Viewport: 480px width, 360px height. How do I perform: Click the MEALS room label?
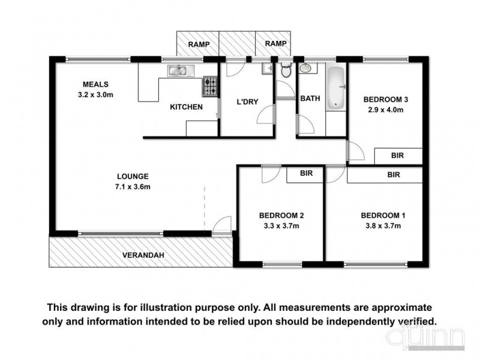(x=95, y=85)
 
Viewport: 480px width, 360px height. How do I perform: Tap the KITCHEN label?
(x=186, y=107)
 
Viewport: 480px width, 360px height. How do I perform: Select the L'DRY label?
(x=247, y=102)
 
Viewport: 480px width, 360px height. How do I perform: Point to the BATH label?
(x=310, y=98)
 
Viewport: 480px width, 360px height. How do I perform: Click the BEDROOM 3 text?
(x=386, y=100)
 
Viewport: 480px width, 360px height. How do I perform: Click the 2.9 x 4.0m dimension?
(x=386, y=110)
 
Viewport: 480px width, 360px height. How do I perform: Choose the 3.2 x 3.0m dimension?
(x=95, y=95)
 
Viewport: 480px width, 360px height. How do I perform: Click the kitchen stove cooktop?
(x=210, y=87)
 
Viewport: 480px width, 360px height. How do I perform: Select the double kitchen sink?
(x=178, y=71)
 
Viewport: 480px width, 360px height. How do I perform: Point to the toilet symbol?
(x=286, y=71)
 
